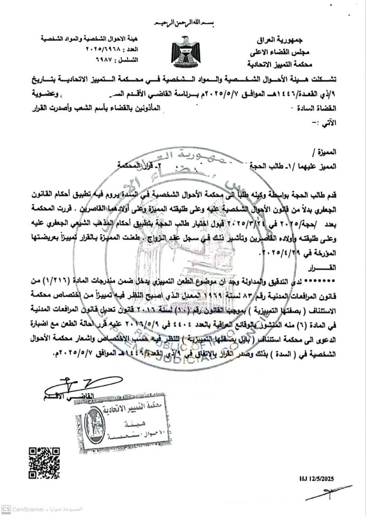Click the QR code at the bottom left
(44, 463)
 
